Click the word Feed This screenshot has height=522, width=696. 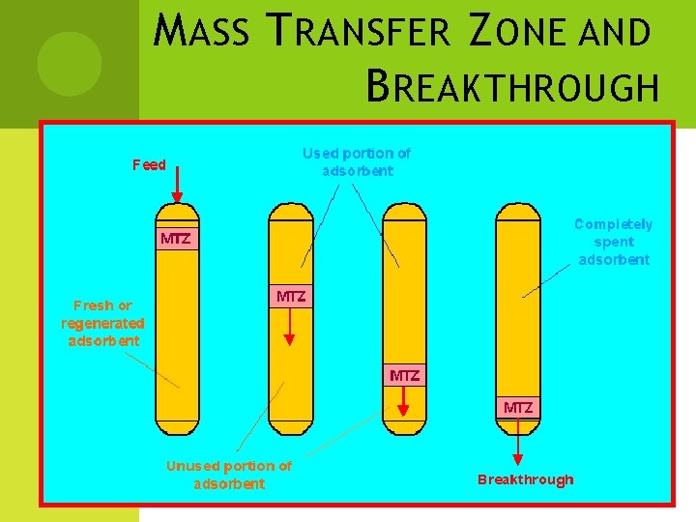pyautogui.click(x=149, y=164)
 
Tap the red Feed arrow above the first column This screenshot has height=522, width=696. pyautogui.click(x=176, y=185)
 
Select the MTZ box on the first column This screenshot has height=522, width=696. pyautogui.click(x=176, y=239)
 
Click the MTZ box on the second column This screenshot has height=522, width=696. pyautogui.click(x=291, y=297)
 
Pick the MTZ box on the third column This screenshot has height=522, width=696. pyautogui.click(x=404, y=375)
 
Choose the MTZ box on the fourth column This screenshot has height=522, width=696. pyautogui.click(x=518, y=407)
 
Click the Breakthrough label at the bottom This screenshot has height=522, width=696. pyautogui.click(x=525, y=479)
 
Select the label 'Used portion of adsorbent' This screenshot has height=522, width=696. pyautogui.click(x=357, y=161)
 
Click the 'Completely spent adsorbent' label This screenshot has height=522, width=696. pyautogui.click(x=614, y=241)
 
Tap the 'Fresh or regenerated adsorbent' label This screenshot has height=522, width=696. pyautogui.click(x=102, y=323)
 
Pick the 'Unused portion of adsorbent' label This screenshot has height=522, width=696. pyautogui.click(x=228, y=474)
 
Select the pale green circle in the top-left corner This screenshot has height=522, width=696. pyautogui.click(x=69, y=64)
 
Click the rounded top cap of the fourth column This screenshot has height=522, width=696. pyautogui.click(x=517, y=211)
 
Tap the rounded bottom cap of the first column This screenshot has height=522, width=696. pyautogui.click(x=177, y=426)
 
